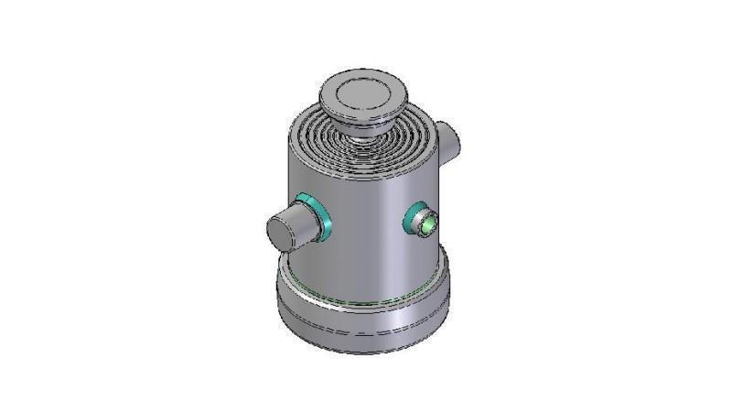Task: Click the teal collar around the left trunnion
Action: (316, 214)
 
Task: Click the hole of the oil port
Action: (428, 222)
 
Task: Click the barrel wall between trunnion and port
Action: (366, 229)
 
